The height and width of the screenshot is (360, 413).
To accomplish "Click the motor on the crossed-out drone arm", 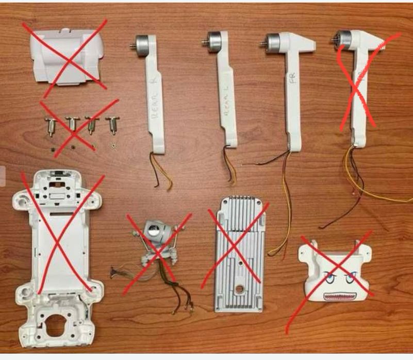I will click(x=343, y=41).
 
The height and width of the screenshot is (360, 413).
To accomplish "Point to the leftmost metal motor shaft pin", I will click(x=50, y=125).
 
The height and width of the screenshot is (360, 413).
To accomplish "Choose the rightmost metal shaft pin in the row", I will click(x=111, y=126).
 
